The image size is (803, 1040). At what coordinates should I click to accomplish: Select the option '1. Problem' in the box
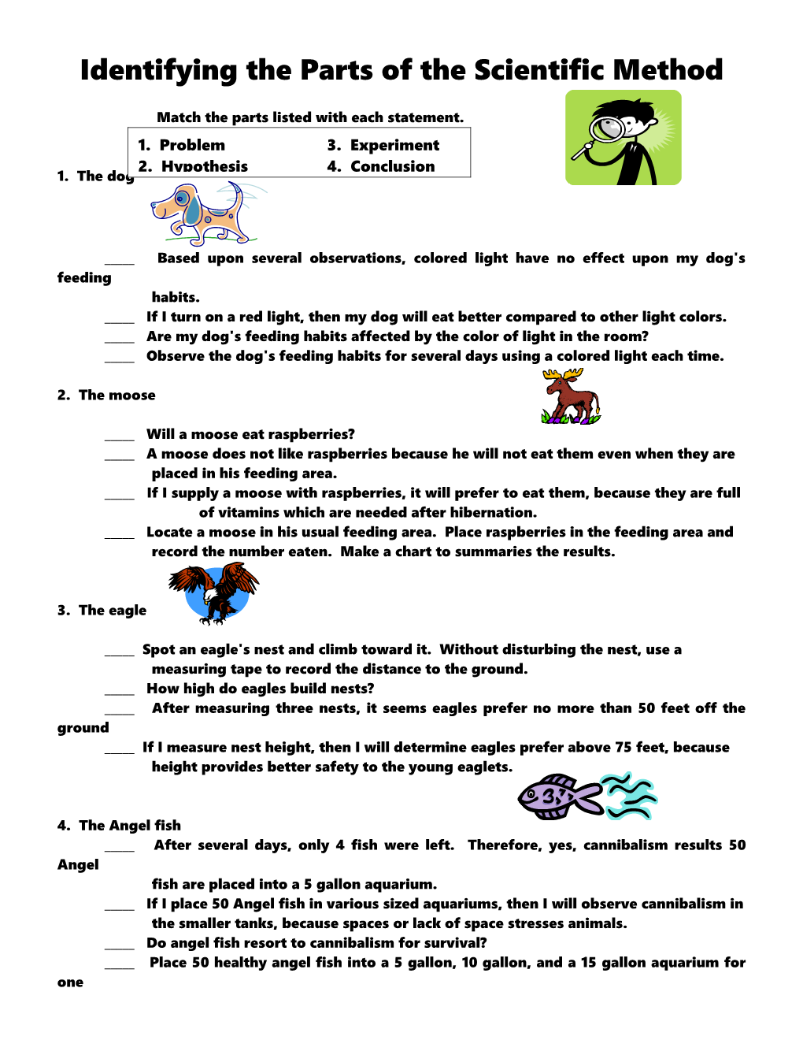coord(181,145)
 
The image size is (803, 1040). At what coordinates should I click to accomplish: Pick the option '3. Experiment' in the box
coord(383,145)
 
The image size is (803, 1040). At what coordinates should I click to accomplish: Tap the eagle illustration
coord(213,592)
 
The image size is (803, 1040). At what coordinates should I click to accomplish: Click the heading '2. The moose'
coord(106,395)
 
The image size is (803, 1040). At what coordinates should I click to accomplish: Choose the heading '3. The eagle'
coord(102,610)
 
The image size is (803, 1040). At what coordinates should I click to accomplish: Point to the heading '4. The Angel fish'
coord(119,825)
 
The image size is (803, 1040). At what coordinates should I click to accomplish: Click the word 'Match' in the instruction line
coord(179,117)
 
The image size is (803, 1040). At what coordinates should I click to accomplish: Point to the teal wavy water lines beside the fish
coord(629,797)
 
